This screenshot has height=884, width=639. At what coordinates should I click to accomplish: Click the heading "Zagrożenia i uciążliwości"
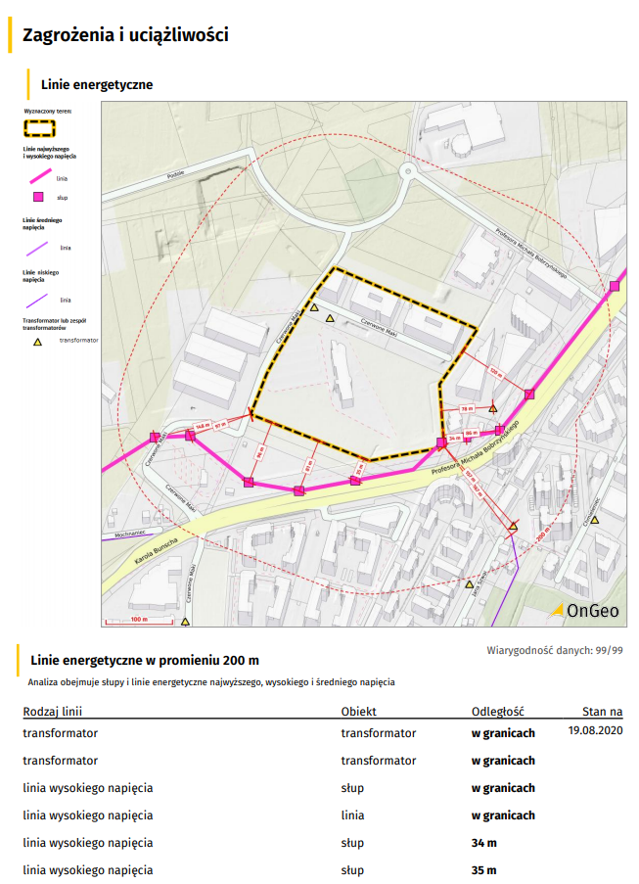coord(125,36)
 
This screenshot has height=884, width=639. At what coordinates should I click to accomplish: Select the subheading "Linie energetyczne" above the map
coord(97,85)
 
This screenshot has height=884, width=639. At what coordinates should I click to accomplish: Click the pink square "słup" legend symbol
coord(38,198)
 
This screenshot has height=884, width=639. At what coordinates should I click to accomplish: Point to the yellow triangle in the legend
coord(38,343)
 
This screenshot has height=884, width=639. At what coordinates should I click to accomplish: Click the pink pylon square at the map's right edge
coord(615,286)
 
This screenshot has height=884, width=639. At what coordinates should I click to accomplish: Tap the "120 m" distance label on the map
coord(495,372)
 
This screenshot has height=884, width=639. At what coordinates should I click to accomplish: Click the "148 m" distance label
coord(202,427)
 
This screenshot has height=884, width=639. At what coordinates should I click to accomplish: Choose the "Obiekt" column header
coord(358,712)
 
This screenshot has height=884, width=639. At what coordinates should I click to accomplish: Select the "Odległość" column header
coord(498,712)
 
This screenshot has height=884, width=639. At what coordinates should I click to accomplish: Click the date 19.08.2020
coord(595,730)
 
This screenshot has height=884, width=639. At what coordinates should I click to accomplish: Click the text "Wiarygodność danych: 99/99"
coord(555,650)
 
